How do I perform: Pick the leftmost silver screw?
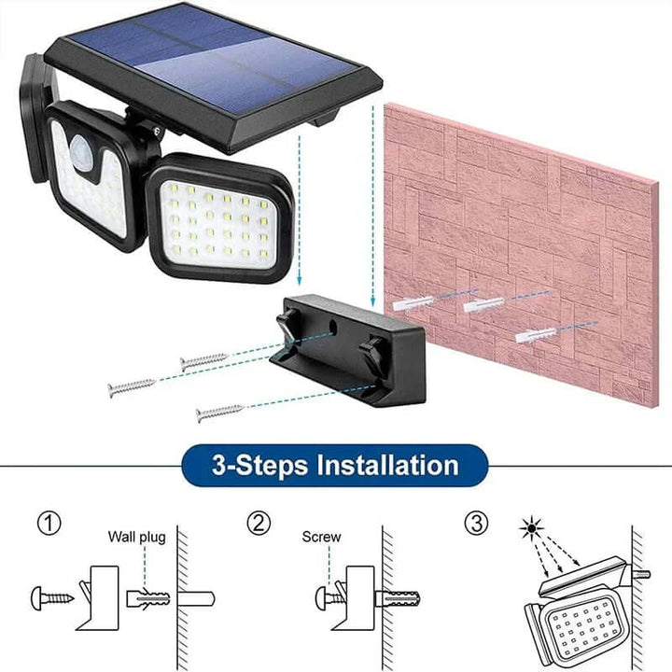coord(131,387)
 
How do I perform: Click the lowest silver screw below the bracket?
coord(219,411)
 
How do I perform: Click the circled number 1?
coord(49,524)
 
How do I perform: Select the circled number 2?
coord(259,524)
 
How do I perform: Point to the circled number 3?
coord(477,524)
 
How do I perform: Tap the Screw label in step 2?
coord(321,537)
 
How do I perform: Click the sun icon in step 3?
coord(530,528)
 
